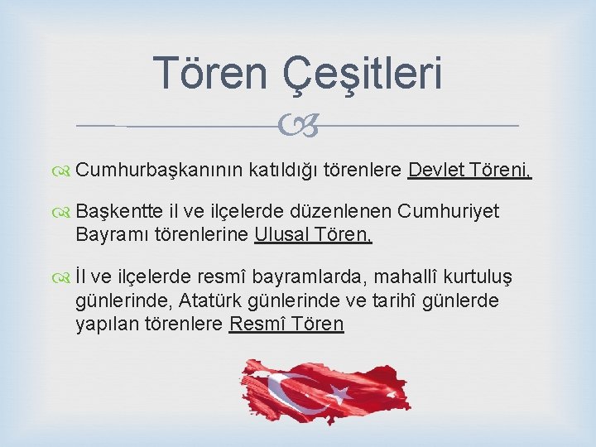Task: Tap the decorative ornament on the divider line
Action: point(299,127)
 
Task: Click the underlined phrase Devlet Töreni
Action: point(469,171)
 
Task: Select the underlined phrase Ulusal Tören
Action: point(314,234)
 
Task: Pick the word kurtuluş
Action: point(488,277)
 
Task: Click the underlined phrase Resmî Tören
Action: point(286,323)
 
